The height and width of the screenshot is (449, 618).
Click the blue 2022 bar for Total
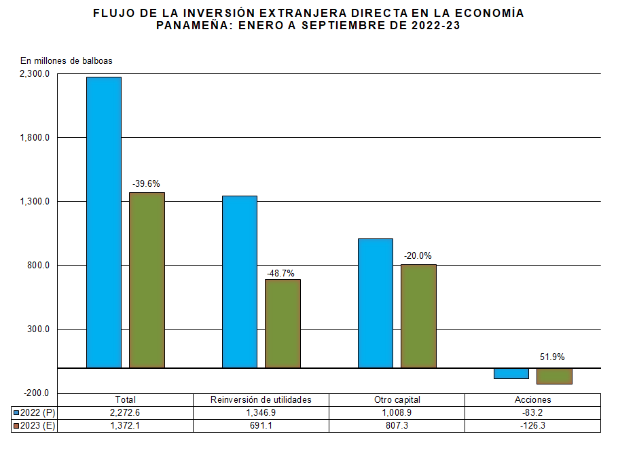pyautogui.click(x=103, y=222)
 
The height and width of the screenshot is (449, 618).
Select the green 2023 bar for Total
pyautogui.click(x=147, y=280)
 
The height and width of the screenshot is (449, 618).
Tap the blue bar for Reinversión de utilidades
pyautogui.click(x=239, y=282)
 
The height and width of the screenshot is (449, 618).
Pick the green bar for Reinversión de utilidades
pyautogui.click(x=283, y=323)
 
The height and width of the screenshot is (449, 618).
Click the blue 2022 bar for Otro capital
pyautogui.click(x=375, y=303)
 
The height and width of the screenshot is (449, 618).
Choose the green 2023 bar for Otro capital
pyautogui.click(x=418, y=316)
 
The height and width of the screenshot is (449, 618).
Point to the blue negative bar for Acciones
pyautogui.click(x=511, y=374)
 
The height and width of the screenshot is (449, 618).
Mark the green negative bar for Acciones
pyautogui.click(x=554, y=376)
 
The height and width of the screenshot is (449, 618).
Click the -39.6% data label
pyautogui.click(x=147, y=183)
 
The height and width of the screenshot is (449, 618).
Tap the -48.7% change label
pyautogui.click(x=282, y=273)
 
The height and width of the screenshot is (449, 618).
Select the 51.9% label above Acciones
pyautogui.click(x=552, y=357)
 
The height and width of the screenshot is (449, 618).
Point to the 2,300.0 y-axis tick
pyautogui.click(x=35, y=74)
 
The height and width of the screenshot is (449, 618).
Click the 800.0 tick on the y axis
pyautogui.click(x=39, y=266)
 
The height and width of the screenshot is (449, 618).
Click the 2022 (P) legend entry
pyautogui.click(x=35, y=412)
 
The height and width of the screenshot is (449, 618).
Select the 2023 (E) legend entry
pyautogui.click(x=35, y=426)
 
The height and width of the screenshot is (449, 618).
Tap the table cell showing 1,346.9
pyautogui.click(x=261, y=412)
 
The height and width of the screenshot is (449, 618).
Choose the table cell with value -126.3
pyautogui.click(x=532, y=426)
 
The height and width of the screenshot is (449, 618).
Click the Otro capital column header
pyautogui.click(x=397, y=399)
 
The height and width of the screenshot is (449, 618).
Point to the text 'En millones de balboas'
pyautogui.click(x=66, y=60)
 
